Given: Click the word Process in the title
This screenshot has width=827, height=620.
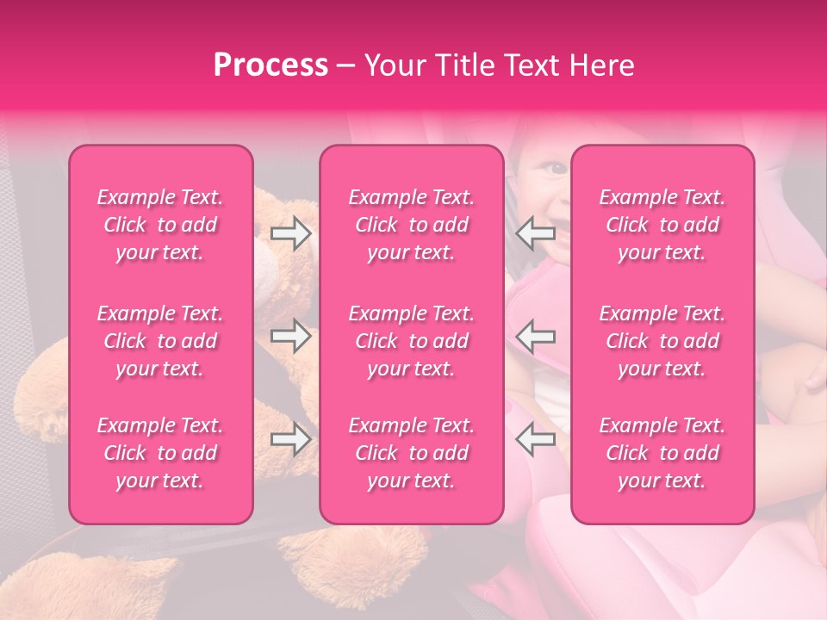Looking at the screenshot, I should point(270,65).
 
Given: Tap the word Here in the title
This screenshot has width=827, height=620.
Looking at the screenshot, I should point(601,65).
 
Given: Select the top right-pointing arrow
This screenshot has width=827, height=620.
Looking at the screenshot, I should point(291,232).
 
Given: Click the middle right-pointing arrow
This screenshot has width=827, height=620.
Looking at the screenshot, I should point(291,336).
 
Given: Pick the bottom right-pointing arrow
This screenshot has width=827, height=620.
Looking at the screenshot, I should point(291,440).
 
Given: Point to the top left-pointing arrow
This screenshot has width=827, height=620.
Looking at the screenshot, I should point(536,232).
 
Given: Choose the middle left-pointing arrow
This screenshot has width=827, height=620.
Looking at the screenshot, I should point(536,336).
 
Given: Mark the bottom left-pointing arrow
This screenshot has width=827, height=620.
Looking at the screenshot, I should point(536,440).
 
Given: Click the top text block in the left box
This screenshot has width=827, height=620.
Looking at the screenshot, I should point(160,225).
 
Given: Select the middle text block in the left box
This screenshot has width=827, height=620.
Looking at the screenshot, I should point(160,341).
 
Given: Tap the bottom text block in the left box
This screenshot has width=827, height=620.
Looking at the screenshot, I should point(160,453).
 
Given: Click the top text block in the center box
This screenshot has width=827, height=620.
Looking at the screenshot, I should point(412,225).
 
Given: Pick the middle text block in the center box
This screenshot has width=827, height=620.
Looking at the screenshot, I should point(412,341).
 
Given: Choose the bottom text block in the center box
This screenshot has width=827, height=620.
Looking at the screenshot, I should point(412,453).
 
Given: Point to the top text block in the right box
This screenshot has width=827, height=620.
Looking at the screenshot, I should point(662,225).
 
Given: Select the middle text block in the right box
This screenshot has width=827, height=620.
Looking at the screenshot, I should point(662,341).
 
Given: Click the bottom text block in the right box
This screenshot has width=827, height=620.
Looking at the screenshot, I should point(662,453).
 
